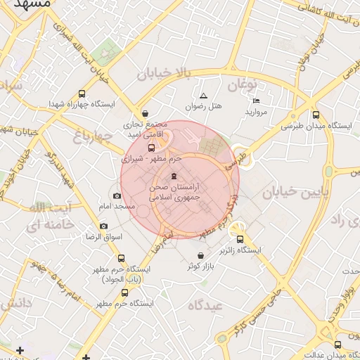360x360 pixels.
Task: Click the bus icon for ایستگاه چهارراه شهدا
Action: click(82, 93)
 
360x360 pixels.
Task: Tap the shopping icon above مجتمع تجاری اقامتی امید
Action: click(145, 112)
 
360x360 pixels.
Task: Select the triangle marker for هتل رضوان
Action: click(204, 96)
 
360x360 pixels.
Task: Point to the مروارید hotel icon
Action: click(255, 101)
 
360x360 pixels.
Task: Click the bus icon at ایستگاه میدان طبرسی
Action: click(316, 115)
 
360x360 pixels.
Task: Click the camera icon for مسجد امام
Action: click(117, 195)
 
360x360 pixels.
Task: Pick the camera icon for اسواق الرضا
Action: click(103, 226)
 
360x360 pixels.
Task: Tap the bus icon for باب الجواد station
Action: click(121, 259)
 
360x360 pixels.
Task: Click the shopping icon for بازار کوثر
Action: click(202, 255)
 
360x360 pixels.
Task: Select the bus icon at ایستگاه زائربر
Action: click(240, 239)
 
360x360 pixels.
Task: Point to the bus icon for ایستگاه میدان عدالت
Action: click(338, 345)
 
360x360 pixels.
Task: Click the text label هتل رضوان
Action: click(203, 107)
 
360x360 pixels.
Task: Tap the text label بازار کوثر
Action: click(200, 266)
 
